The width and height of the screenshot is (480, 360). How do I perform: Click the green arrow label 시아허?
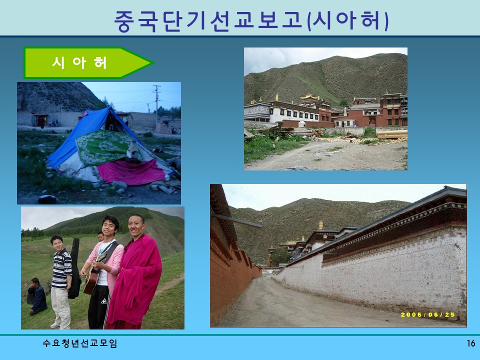click(80, 63)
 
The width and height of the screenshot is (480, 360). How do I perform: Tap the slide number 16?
click(470, 343)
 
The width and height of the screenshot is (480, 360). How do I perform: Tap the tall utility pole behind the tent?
click(157, 102)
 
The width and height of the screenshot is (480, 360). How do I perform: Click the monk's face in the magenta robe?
click(135, 225)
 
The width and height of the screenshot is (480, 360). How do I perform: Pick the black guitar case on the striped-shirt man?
click(75, 270)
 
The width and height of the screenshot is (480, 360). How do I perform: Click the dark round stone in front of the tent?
click(47, 199)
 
